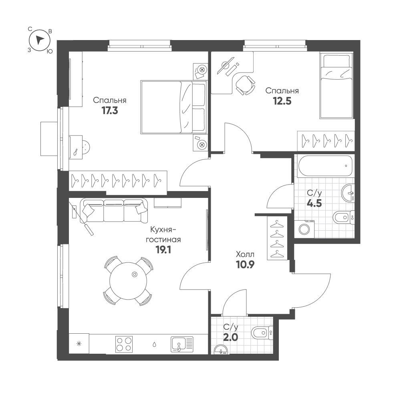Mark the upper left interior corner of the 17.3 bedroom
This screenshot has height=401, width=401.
pos(69,51)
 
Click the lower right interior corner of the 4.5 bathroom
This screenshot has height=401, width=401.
pos(355,238)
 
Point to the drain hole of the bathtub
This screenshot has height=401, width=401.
pos(346,166)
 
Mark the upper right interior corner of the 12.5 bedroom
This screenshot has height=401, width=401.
pos(355,51)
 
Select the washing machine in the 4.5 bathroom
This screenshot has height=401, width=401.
pos(304,229)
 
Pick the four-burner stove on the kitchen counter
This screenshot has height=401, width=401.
pos(124,344)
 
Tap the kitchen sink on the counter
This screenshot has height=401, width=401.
pos(182,344)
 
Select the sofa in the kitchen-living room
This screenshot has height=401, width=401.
pos(114,211)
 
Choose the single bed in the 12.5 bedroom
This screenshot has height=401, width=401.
pos(336,86)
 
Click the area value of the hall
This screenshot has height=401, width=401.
pos(245,265)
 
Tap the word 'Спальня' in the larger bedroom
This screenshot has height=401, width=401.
pos(110,100)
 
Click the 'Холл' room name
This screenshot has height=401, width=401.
pos(245,254)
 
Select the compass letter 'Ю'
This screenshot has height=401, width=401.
pos(50,51)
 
